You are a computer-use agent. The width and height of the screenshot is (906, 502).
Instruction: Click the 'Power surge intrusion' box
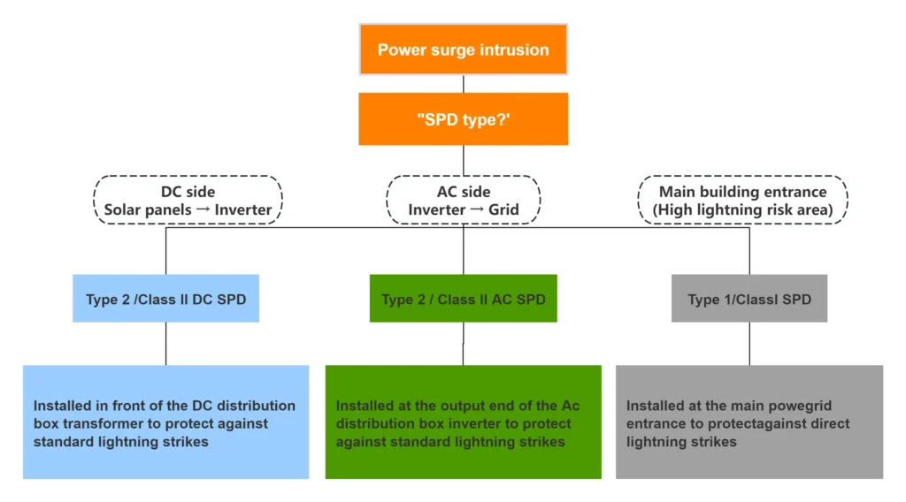(x=463, y=49)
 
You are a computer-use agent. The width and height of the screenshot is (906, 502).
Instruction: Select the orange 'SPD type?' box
(x=463, y=118)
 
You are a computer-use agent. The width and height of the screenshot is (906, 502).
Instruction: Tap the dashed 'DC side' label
(x=188, y=201)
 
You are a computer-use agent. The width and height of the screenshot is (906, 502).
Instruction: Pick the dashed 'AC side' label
(x=463, y=201)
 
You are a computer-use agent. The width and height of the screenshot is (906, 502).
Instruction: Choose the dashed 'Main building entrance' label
(x=743, y=201)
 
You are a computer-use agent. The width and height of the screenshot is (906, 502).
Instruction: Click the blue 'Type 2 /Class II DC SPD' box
(x=165, y=299)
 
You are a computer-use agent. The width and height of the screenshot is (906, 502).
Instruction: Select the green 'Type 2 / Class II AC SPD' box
(x=463, y=299)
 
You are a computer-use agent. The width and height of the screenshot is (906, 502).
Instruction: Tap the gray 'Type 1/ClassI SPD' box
(x=749, y=299)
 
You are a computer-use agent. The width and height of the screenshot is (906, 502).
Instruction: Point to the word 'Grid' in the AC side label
(x=503, y=210)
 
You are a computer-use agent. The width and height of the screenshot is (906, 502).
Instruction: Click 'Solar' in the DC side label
(x=125, y=210)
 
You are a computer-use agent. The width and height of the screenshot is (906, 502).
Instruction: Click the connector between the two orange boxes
(x=463, y=84)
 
